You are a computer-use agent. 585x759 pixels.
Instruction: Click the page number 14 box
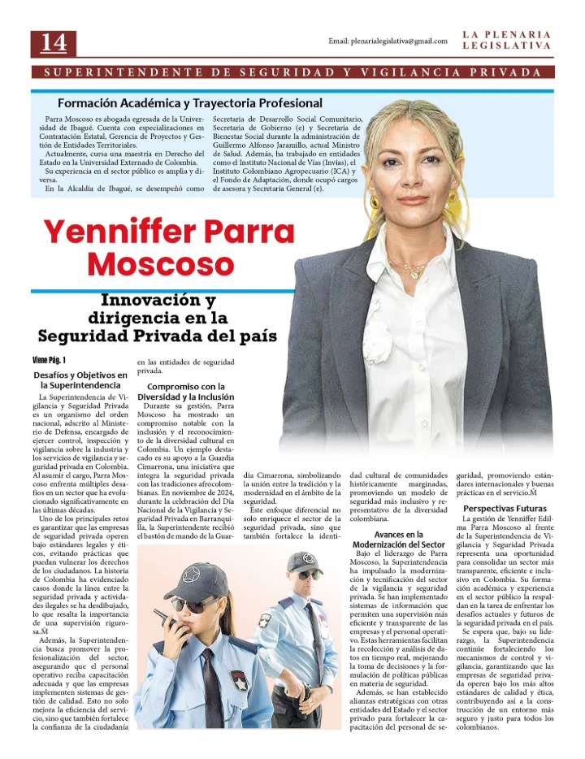click(x=54, y=42)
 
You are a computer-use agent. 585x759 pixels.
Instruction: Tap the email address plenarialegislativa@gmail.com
click(x=388, y=41)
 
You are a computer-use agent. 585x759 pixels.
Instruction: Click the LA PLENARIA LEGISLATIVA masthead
click(x=506, y=41)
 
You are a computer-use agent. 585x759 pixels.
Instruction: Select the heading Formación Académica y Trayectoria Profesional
click(x=189, y=103)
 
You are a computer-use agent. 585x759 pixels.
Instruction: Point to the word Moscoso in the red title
click(x=160, y=264)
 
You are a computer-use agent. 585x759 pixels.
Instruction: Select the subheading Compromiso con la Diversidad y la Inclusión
click(x=185, y=392)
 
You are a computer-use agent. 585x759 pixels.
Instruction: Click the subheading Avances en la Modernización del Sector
click(x=399, y=539)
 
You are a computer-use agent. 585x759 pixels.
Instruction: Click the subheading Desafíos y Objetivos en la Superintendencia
click(x=80, y=379)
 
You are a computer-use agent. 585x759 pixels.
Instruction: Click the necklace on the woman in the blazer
click(x=406, y=265)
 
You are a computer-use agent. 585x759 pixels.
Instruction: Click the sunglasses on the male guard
click(x=304, y=575)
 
